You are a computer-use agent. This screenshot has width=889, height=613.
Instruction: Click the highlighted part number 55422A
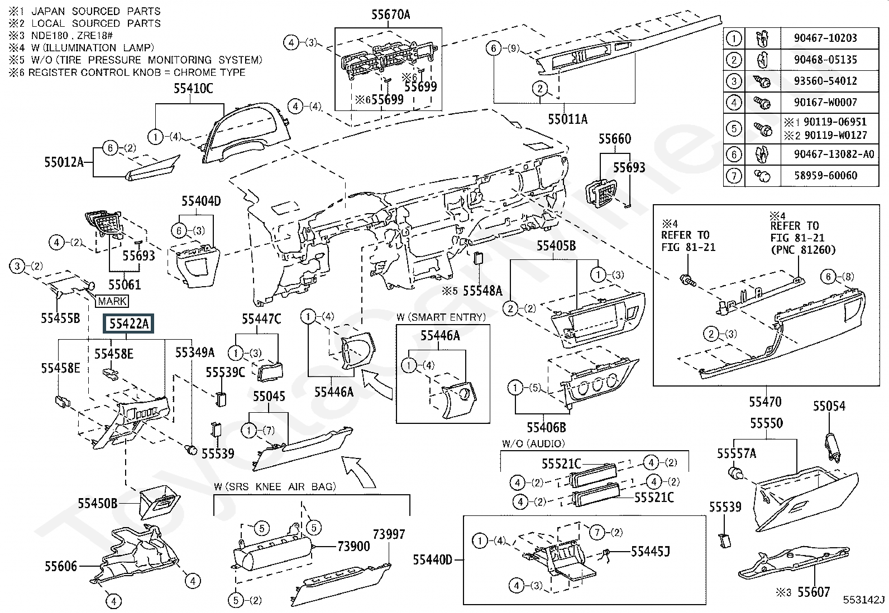[128, 324]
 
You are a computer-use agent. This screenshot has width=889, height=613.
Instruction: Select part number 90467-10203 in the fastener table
[825, 38]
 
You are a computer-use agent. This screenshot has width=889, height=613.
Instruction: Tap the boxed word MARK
[112, 301]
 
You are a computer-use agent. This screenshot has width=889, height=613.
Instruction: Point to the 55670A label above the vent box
[390, 15]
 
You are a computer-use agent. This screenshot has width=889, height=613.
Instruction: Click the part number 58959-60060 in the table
[825, 175]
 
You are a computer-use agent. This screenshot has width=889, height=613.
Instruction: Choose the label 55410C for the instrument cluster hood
[193, 89]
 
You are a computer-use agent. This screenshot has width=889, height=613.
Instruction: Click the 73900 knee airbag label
[353, 547]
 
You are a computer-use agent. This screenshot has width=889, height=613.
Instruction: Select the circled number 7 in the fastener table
[734, 175]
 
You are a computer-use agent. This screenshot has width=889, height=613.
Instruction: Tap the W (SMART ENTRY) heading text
[441, 317]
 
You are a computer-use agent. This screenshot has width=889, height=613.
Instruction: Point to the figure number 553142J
[864, 600]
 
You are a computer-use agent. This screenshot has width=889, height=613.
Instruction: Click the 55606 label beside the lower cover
[61, 566]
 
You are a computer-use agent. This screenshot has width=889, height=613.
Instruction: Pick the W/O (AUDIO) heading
[533, 443]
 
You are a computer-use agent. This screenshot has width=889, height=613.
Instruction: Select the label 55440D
[433, 560]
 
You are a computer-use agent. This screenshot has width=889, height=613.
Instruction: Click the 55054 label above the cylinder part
[829, 406]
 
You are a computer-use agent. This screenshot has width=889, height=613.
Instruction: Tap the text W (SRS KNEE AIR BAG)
[275, 486]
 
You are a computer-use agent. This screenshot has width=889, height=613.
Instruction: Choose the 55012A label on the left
[64, 162]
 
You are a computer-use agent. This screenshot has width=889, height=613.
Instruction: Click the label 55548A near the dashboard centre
[482, 291]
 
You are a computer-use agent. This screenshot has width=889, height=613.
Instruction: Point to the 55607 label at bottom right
[814, 592]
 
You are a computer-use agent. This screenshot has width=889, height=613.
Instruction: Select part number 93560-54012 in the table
[825, 81]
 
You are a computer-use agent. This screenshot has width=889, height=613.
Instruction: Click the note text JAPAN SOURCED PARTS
[96, 11]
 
